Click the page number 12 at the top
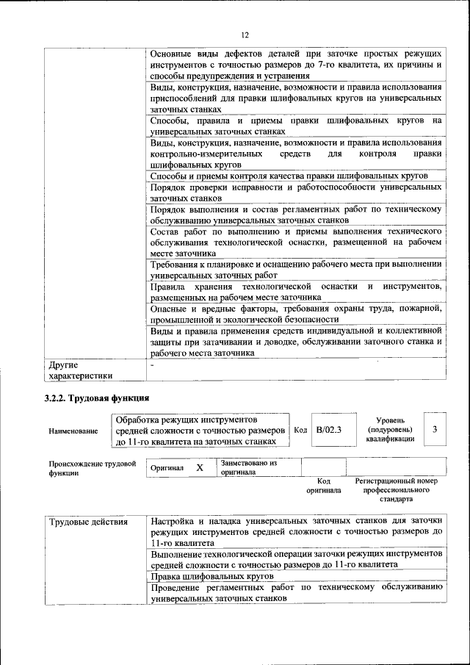245,35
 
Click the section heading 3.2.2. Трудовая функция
97,398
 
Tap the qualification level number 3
435,429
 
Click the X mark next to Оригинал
199,467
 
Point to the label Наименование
73,431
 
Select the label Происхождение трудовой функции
93,469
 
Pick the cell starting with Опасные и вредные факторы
295,314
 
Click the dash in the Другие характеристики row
152,364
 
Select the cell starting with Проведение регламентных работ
295,593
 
